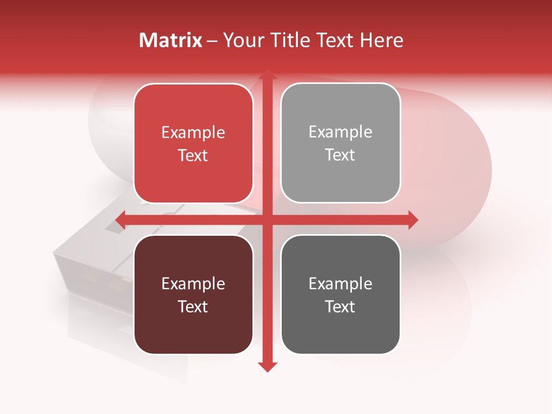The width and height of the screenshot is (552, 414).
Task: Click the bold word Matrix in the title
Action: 171,40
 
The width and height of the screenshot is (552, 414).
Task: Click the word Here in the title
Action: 381,40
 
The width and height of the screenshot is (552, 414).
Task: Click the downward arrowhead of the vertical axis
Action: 267,366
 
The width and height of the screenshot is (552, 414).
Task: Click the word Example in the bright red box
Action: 193,133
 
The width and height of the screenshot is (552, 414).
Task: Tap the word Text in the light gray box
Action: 340,155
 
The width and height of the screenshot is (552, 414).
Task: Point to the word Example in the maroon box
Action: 193,284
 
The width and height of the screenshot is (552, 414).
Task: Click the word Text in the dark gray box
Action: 340,307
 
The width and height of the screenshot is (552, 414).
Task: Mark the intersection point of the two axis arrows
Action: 267,220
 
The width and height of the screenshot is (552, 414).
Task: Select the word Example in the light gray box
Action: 340,132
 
